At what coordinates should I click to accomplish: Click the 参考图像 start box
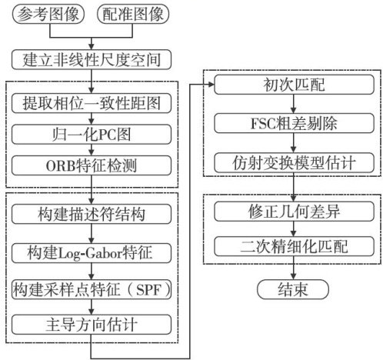pyautogui.click(x=48, y=15)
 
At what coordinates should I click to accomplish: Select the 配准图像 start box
pyautogui.click(x=133, y=15)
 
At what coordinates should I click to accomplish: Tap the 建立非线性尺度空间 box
pyautogui.click(x=92, y=59)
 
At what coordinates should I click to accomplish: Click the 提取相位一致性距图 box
pyautogui.click(x=92, y=103)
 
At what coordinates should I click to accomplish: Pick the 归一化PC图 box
pyautogui.click(x=92, y=135)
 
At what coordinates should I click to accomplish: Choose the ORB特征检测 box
pyautogui.click(x=92, y=165)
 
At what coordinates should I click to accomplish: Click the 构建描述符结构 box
pyautogui.click(x=92, y=214)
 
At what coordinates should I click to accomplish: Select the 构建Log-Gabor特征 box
pyautogui.click(x=92, y=253)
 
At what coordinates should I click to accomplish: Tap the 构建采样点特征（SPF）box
pyautogui.click(x=92, y=289)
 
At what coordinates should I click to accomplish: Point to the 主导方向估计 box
pyautogui.click(x=92, y=325)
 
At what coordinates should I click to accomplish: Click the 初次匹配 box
pyautogui.click(x=294, y=85)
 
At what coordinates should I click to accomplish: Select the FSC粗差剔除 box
pyautogui.click(x=294, y=123)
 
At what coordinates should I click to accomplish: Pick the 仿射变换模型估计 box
pyautogui.click(x=294, y=163)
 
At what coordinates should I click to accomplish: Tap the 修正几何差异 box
pyautogui.click(x=294, y=212)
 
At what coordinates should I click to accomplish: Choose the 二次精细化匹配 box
pyautogui.click(x=294, y=246)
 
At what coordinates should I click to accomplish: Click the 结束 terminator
pyautogui.click(x=293, y=289)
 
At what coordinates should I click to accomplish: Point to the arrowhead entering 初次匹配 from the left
pyautogui.click(x=211, y=85)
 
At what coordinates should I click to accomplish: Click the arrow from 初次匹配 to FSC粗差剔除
pyautogui.click(x=294, y=104)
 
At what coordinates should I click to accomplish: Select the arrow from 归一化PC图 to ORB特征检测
pyautogui.click(x=92, y=150)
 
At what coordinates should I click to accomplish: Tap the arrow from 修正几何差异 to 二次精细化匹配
pyautogui.click(x=294, y=229)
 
